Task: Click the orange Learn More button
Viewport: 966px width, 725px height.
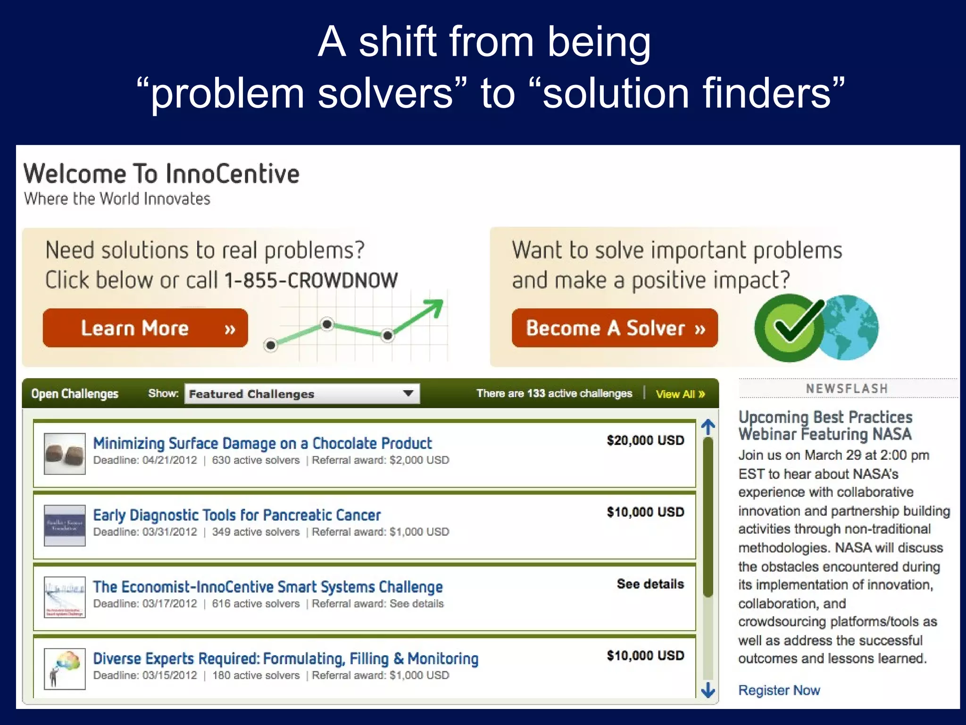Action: (145, 328)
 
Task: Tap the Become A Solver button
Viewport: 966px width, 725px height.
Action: (615, 328)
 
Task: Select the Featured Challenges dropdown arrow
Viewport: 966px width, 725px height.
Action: (408, 393)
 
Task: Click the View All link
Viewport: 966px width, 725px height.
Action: (680, 394)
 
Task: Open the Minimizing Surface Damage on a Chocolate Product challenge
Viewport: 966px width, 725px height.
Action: (262, 443)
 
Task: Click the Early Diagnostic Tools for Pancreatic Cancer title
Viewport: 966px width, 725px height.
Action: (237, 515)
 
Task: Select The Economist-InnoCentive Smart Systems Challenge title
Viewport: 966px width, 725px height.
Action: (268, 587)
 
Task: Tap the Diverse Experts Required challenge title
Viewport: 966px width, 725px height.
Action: (286, 658)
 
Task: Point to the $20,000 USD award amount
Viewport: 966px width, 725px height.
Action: (645, 440)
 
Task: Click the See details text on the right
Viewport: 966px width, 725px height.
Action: (650, 584)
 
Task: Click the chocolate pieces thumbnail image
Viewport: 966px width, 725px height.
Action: (65, 454)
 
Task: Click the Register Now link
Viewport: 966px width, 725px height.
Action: (779, 690)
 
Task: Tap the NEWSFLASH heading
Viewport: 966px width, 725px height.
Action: (847, 388)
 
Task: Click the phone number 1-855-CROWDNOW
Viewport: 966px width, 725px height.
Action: (311, 280)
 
